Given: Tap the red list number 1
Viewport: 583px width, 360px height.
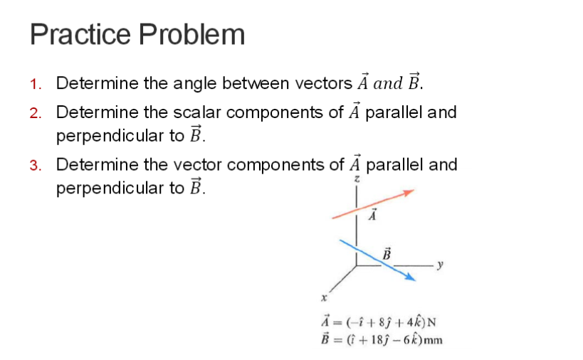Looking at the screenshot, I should tap(36, 84).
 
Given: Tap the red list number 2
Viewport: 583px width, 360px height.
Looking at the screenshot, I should tap(36, 113).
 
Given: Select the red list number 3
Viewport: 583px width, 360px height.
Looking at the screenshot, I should tap(36, 166).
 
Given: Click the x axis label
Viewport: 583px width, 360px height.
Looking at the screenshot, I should tap(323, 297).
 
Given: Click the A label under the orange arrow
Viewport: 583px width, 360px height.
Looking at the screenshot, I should tap(371, 215).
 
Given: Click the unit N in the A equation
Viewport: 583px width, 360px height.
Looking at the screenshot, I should tap(431, 322).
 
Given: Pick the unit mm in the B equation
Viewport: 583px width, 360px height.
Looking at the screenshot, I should tap(434, 339).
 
